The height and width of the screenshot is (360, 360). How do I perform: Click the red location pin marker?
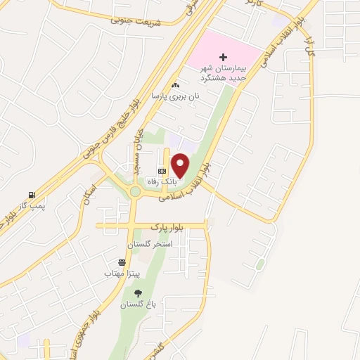[x=181, y=165]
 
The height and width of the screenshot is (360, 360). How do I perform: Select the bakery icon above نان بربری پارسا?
[x=175, y=86]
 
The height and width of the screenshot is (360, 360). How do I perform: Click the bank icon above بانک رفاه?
[x=162, y=171]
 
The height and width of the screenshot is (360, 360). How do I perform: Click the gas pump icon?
[x=31, y=195]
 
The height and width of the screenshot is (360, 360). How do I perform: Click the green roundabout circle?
[x=134, y=191]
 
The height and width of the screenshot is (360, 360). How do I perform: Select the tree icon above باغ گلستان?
[x=138, y=293]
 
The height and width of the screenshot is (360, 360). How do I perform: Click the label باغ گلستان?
[x=136, y=304]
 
